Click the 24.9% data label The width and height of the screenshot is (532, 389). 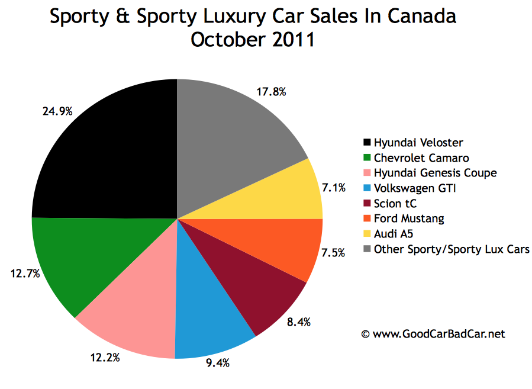tap(57, 111)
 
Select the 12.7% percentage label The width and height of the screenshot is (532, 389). tap(23, 274)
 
